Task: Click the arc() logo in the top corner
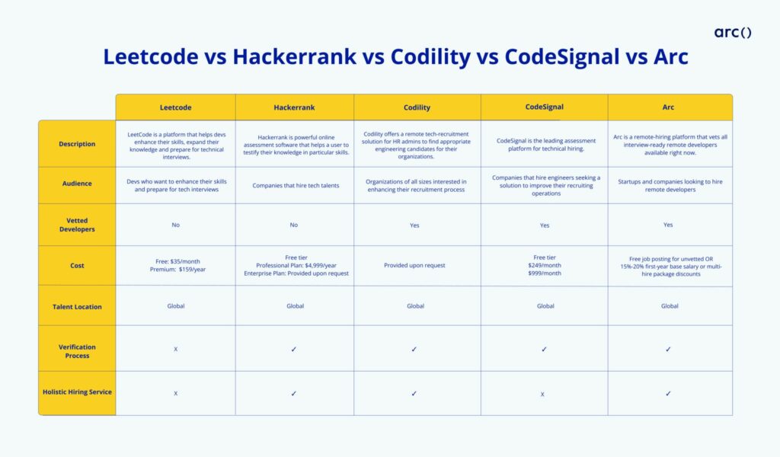[x=733, y=32]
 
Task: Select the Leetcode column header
[x=175, y=107]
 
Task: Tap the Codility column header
[x=417, y=107]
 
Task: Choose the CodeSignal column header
[x=545, y=107]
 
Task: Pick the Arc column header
[x=670, y=107]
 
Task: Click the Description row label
[x=77, y=144]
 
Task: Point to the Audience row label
[x=77, y=184]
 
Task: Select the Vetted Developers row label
[x=77, y=225]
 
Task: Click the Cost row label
[x=77, y=266]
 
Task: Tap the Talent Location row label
[x=77, y=306]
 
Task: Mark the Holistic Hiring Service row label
[x=77, y=392]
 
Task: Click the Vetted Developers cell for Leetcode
[x=175, y=225]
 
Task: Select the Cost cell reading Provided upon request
[x=417, y=266]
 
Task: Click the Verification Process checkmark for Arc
[x=669, y=350]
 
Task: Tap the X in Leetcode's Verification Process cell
[x=175, y=350]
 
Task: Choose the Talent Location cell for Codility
[x=416, y=306]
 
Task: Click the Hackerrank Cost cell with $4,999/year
[x=295, y=265]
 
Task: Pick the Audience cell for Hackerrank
[x=295, y=186]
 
